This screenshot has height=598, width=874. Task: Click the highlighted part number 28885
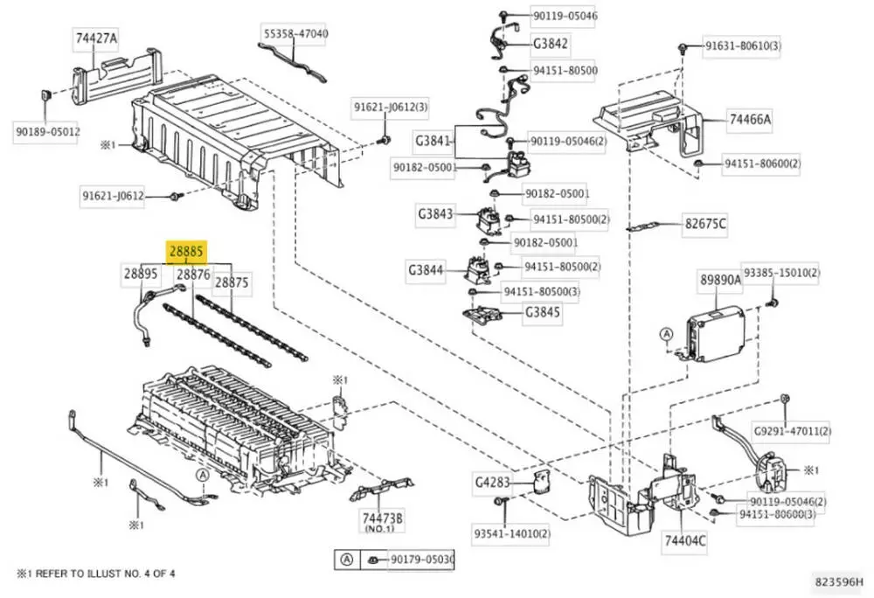click(x=187, y=251)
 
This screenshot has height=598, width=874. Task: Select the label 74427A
click(x=96, y=38)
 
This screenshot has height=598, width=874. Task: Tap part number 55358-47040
click(x=295, y=33)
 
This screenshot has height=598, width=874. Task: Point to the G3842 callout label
click(x=550, y=44)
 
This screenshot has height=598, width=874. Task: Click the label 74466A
click(x=750, y=119)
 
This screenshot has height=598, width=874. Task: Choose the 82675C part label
click(x=705, y=224)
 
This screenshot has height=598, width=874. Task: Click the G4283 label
click(x=492, y=482)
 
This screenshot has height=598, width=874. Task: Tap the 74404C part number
click(x=684, y=540)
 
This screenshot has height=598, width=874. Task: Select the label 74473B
click(x=382, y=518)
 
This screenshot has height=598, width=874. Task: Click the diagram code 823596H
click(x=839, y=582)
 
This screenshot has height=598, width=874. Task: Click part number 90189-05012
click(x=47, y=132)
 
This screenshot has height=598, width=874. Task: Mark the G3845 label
click(x=542, y=312)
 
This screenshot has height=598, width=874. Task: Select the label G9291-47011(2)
click(x=792, y=431)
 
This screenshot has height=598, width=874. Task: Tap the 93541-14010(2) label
click(x=511, y=534)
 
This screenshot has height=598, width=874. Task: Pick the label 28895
click(x=141, y=274)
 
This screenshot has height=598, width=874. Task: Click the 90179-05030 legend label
click(x=422, y=559)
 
